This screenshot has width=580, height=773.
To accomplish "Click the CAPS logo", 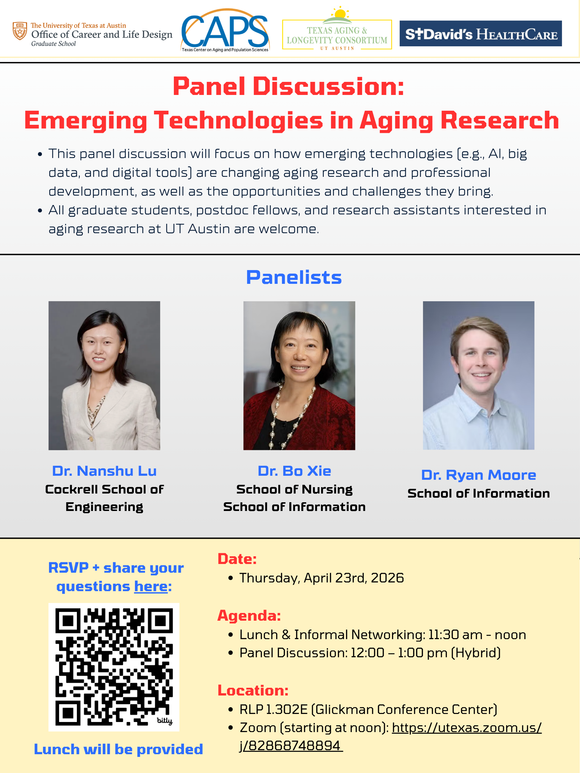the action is tap(225, 31).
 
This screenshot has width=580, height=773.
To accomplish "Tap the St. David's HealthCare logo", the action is tap(481, 34).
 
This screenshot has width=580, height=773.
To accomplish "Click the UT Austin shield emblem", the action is tap(19, 31).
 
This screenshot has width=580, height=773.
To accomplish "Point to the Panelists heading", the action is tap(294, 277).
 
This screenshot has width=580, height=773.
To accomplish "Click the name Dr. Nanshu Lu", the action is tap(104, 471).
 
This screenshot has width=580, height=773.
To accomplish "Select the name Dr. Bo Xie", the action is tap(294, 471).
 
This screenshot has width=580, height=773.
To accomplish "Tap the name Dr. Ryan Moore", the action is tap(479, 475).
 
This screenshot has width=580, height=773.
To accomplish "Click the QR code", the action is tap(114, 667).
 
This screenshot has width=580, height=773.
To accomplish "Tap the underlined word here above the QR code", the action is tap(151, 586).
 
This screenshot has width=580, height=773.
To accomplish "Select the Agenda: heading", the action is tap(249, 616).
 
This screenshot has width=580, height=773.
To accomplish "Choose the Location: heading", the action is tap(253, 690).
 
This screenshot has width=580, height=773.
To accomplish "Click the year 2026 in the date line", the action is tap(387, 578).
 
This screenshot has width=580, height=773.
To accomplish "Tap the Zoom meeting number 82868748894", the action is tap(294, 746).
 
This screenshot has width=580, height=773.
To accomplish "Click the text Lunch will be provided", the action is tap(118, 750).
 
